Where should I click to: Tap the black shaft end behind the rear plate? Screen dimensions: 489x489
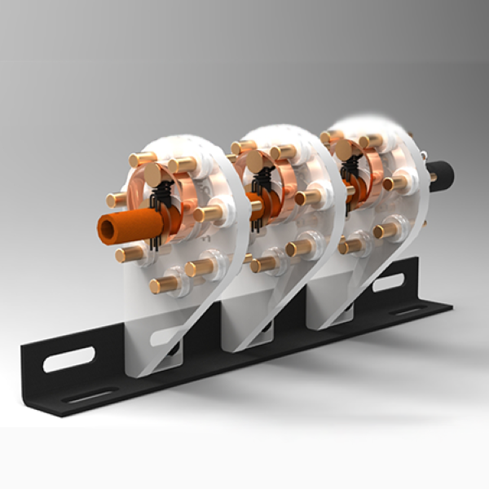pyautogui.click(x=443, y=174)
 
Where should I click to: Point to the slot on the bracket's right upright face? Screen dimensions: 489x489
pyautogui.click(x=387, y=284)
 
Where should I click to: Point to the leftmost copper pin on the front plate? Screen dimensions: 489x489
pyautogui.click(x=117, y=199)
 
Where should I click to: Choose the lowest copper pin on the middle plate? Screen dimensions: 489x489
pyautogui.click(x=264, y=264)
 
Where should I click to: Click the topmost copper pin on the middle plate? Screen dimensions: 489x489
pyautogui.click(x=242, y=148)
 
